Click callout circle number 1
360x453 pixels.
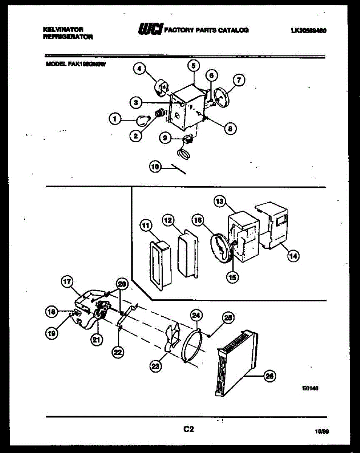(113, 119)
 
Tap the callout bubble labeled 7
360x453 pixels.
(238, 80)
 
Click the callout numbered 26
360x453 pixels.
(269, 376)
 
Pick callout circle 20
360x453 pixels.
(122, 284)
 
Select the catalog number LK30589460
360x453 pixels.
(308, 31)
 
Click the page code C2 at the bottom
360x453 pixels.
(188, 429)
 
